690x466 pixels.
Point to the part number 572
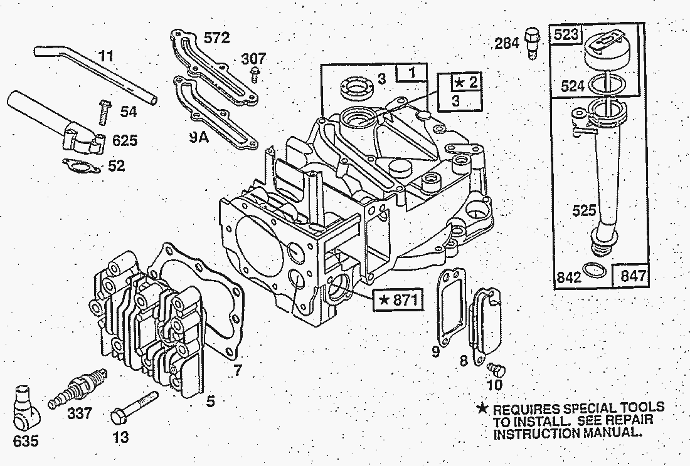(x=217, y=39)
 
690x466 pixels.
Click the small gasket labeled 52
(x=83, y=167)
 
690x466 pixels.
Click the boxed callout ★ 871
(x=397, y=301)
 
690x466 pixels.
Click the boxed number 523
(x=566, y=35)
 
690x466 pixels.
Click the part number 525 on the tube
(x=584, y=210)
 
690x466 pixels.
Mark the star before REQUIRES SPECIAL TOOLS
(x=482, y=409)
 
